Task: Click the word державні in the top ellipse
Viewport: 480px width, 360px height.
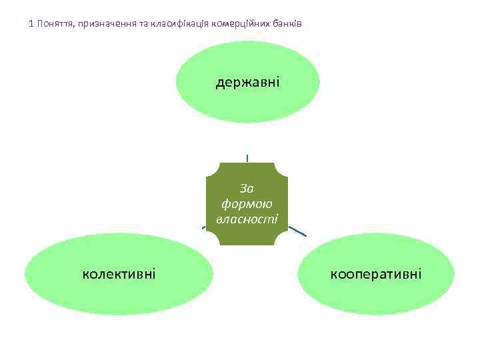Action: pos(247,82)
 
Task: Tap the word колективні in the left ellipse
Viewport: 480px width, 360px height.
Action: pos(119,273)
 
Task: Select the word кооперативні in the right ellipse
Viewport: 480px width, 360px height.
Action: pos(375,273)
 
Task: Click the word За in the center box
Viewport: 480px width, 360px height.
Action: pos(247,189)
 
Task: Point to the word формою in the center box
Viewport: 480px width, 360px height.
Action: pos(247,203)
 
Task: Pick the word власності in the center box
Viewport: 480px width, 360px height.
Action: pos(247,218)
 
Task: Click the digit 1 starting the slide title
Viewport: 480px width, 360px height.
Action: pos(31,24)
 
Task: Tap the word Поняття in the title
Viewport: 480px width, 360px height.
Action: pos(55,24)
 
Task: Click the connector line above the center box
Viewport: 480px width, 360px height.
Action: pos(247,158)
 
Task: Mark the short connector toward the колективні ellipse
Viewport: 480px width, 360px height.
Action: pos(204,228)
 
